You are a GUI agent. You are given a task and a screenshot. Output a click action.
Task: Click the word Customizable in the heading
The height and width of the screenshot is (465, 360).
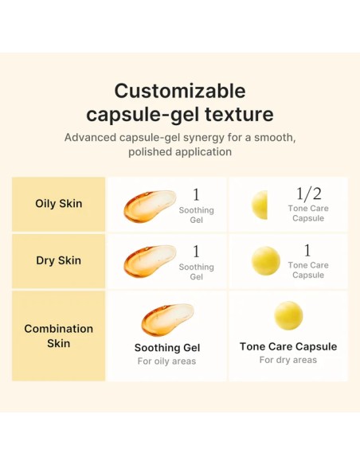(179, 90)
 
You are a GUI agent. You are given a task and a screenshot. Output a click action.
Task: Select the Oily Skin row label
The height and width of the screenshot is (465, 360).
(59, 204)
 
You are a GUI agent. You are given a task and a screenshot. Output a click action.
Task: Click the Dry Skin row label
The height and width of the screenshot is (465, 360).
(59, 260)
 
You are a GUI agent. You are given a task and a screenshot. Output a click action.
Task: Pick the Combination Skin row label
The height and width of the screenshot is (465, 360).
(59, 335)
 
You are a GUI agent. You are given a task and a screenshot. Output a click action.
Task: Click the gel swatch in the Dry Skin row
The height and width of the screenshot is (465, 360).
(148, 261)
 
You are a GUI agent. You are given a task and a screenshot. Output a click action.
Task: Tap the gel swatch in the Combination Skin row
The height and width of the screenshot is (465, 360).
(166, 319)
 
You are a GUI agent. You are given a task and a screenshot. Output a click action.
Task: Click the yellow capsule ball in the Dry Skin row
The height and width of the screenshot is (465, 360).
(266, 260)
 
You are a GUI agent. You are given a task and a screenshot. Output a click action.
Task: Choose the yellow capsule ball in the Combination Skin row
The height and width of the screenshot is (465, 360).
(288, 316)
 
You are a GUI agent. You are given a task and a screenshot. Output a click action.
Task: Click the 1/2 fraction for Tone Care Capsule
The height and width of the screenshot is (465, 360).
(307, 194)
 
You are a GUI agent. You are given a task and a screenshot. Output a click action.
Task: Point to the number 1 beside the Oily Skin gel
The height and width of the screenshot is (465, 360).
(196, 195)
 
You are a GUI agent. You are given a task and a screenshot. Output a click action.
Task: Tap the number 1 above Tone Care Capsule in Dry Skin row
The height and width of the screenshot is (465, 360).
(307, 251)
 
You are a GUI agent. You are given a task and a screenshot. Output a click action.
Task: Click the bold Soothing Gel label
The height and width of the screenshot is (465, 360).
(167, 348)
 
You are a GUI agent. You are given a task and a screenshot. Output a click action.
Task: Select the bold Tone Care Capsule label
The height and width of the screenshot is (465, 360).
(288, 346)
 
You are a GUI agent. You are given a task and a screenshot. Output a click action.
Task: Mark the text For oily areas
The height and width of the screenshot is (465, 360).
(167, 361)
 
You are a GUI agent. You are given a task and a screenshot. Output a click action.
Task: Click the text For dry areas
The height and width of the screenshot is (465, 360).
(288, 360)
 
